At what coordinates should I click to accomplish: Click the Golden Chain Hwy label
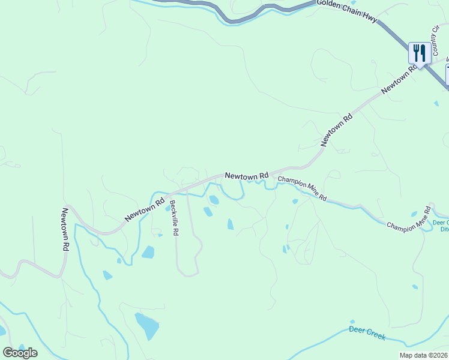pyautogui.click(x=347, y=12)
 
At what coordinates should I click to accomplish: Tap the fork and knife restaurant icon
pyautogui.click(x=419, y=53)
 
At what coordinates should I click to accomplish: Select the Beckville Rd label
pyautogui.click(x=174, y=217)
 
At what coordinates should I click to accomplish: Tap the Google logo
pyautogui.click(x=20, y=352)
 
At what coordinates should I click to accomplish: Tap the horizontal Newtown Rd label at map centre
pyautogui.click(x=246, y=176)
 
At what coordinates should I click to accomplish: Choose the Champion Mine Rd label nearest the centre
pyautogui.click(x=302, y=188)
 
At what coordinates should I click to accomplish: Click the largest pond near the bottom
pyautogui.click(x=147, y=326)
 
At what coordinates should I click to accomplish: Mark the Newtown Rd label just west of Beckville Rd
pyautogui.click(x=145, y=210)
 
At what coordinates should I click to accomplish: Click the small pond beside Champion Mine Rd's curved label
pyautogui.click(x=413, y=214)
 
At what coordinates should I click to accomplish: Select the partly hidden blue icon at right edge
pyautogui.click(x=447, y=75)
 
